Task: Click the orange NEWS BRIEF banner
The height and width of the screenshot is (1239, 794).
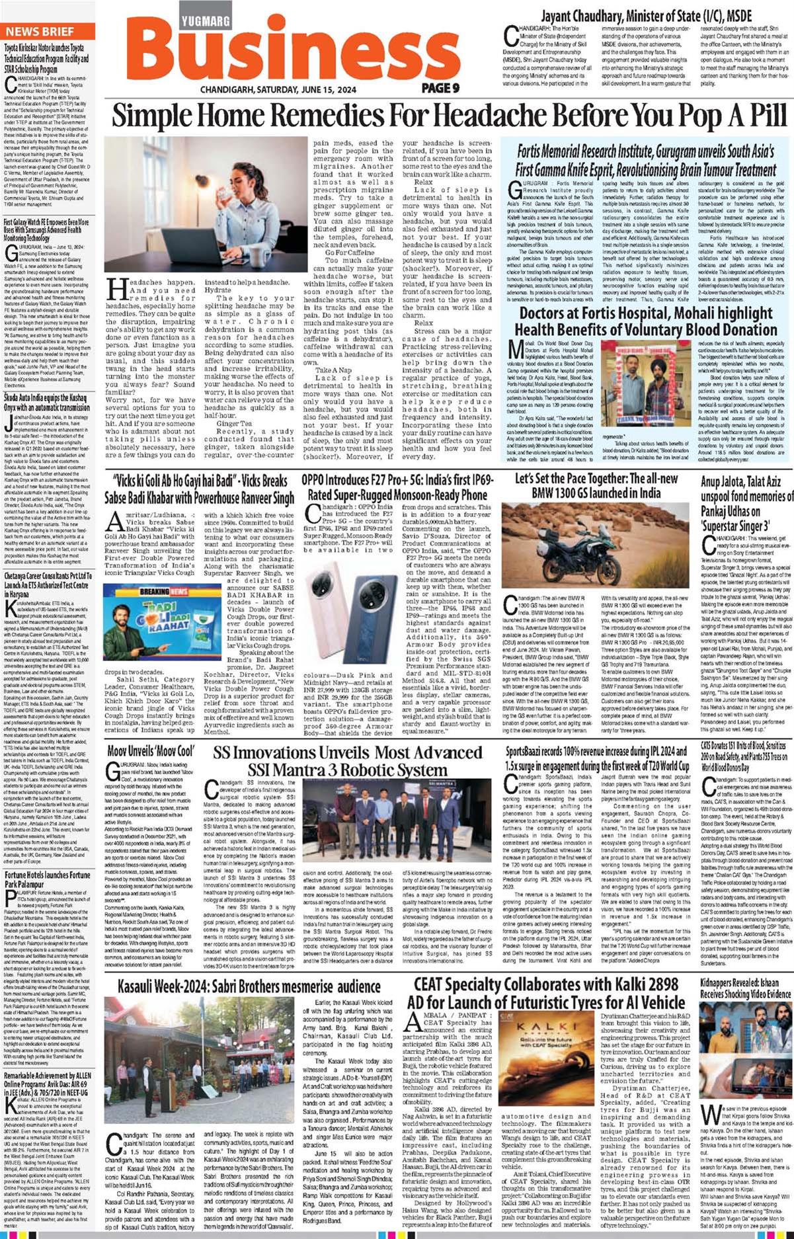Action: click(x=48, y=31)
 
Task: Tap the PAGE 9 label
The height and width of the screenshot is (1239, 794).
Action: click(x=440, y=88)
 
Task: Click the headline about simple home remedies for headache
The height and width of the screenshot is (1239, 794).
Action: click(x=449, y=116)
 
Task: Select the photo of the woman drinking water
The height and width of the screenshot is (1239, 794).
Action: click(x=206, y=204)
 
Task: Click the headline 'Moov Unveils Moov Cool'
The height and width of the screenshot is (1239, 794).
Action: click(x=151, y=752)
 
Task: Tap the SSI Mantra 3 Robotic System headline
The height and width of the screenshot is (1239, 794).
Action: click(x=347, y=761)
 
